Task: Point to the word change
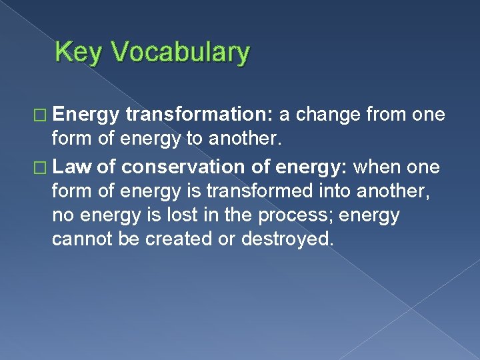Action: [x=329, y=114]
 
